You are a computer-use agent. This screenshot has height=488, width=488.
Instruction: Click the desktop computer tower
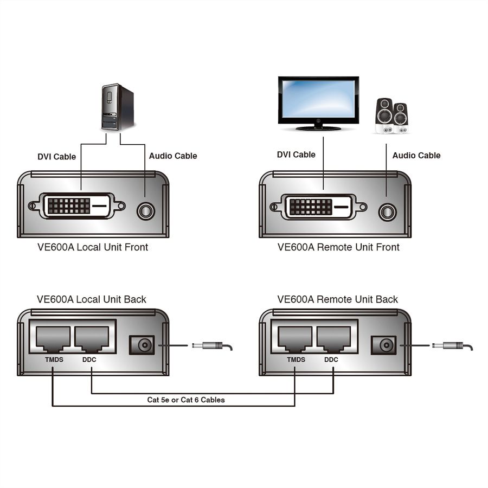point(118,106)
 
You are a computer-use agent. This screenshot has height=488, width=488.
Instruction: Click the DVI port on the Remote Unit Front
point(319,206)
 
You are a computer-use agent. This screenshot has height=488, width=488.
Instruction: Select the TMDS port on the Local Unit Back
point(53,340)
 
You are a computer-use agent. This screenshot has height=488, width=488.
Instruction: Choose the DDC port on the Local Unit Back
point(92,340)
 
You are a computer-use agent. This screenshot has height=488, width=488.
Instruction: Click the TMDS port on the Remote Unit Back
point(295,340)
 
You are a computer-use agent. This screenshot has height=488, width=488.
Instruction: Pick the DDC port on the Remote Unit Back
point(334,340)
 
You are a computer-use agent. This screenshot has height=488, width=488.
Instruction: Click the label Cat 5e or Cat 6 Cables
point(186,400)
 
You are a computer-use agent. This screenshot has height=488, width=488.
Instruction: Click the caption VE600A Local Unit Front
point(92,247)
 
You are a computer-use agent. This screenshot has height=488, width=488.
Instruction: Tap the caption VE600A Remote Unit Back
point(337,299)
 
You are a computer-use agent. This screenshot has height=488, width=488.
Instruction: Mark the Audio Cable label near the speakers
point(416,155)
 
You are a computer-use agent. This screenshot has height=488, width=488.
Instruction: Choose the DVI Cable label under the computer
point(56,157)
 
